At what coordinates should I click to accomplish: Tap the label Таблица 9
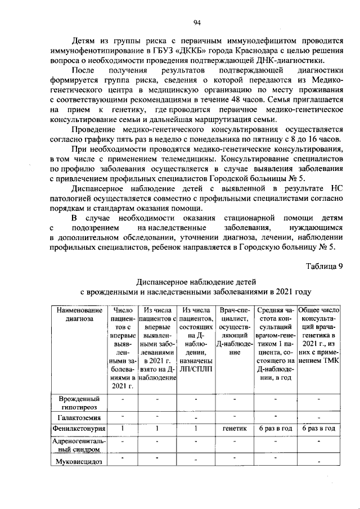pos(325,267)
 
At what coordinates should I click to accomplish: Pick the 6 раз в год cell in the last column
pos(319,429)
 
